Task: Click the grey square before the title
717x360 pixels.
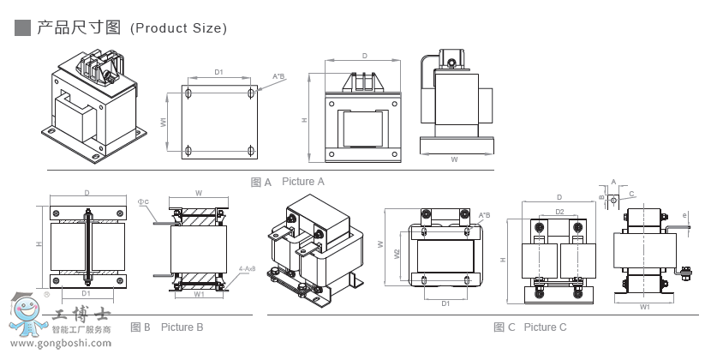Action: coord(23,27)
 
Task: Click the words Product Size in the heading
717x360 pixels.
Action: coord(178,28)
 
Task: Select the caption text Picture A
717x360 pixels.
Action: coord(303,182)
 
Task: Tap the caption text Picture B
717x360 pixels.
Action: coord(182,327)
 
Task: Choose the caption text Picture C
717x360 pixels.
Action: coord(546,327)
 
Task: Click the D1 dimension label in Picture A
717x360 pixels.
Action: coord(218,72)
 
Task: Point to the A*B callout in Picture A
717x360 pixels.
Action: coord(278,77)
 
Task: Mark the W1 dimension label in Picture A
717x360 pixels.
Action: coord(164,123)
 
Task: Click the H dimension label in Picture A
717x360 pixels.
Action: coord(306,119)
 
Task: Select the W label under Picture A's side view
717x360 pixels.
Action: coord(454,159)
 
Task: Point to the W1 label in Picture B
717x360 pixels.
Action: coord(199,294)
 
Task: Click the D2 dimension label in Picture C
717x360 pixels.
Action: coord(559,210)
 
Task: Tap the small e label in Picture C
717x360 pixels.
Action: coord(684,214)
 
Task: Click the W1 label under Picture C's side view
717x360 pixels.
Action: coord(644,305)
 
